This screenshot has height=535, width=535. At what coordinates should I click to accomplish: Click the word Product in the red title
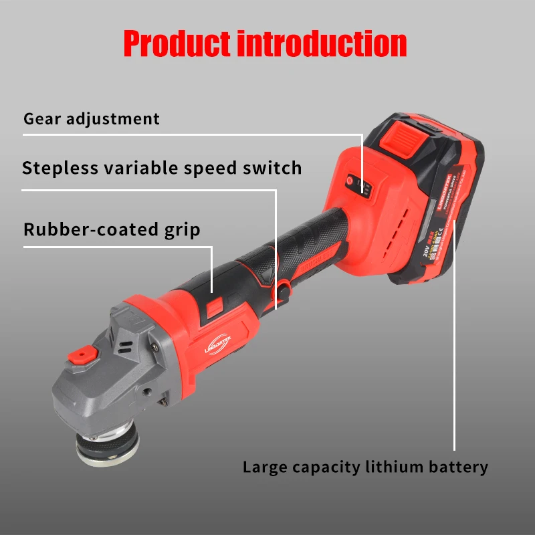pyautogui.click(x=177, y=43)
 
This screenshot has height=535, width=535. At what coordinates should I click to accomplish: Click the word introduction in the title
pyautogui.click(x=322, y=43)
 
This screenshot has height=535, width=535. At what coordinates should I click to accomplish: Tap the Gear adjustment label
pyautogui.click(x=92, y=119)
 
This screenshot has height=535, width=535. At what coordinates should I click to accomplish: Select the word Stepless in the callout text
pyautogui.click(x=59, y=167)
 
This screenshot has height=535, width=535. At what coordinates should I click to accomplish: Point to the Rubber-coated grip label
pyautogui.click(x=112, y=229)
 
